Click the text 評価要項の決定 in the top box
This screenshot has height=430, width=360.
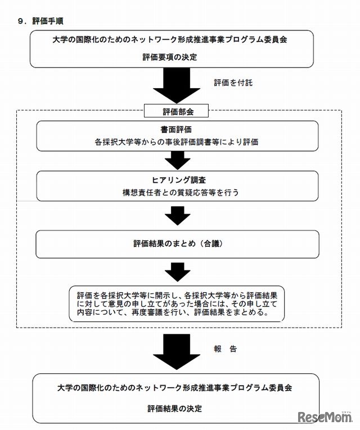pyautogui.click(x=174, y=57)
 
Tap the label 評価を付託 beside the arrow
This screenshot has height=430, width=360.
pyautogui.click(x=233, y=83)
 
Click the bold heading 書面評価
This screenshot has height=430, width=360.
pyautogui.click(x=175, y=129)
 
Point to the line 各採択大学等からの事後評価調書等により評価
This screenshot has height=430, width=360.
pyautogui.click(x=176, y=142)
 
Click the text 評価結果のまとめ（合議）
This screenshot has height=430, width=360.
pyautogui.click(x=175, y=243)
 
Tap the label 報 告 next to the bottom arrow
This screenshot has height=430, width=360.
pyautogui.click(x=225, y=348)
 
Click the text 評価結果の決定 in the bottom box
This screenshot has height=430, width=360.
pyautogui.click(x=174, y=408)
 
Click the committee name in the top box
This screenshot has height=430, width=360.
pyautogui.click(x=174, y=40)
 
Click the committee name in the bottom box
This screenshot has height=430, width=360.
pyautogui.click(x=174, y=388)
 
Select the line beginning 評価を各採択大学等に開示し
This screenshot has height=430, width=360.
pyautogui.click(x=176, y=294)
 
